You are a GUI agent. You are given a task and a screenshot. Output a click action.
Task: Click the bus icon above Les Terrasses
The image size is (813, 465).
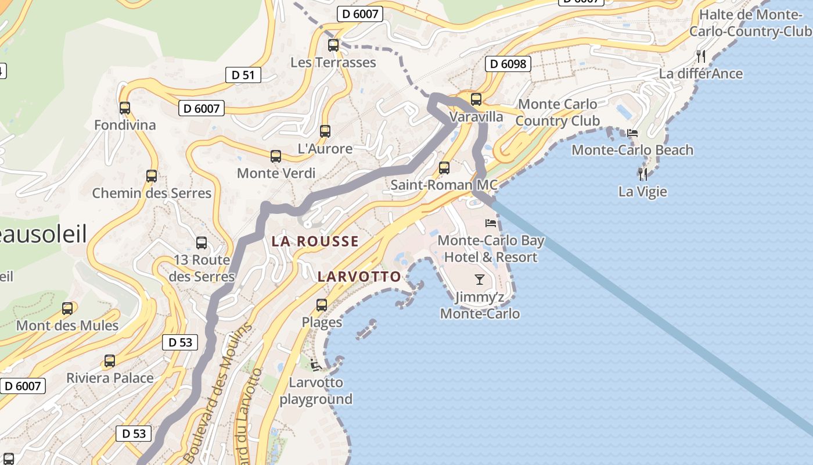tap(333, 45)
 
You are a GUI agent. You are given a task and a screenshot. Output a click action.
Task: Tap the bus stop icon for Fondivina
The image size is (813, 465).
tap(125, 108)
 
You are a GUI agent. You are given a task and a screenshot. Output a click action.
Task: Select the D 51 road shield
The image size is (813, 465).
tap(243, 74)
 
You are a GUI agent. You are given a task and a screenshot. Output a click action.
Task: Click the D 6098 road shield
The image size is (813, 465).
tap(508, 63)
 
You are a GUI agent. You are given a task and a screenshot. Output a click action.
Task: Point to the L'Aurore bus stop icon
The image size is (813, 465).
tap(325, 131)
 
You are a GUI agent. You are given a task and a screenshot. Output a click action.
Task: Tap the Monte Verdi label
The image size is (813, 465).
tap(276, 173)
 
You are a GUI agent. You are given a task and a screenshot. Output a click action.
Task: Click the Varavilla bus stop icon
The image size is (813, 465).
tap(476, 99)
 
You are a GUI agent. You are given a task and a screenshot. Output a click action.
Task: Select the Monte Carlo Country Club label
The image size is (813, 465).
tap(557, 113)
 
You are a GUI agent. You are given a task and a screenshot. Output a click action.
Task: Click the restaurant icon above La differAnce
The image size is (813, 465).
tap(701, 56)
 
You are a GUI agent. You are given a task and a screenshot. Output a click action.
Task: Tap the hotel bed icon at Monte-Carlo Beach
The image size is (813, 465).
tap(632, 133)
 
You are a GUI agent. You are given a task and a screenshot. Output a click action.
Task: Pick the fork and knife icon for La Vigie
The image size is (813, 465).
tap(642, 174)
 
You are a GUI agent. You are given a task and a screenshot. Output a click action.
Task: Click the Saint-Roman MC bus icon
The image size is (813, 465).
tap(444, 168)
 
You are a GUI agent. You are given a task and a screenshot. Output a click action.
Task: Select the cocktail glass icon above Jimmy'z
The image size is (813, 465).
tap(479, 280)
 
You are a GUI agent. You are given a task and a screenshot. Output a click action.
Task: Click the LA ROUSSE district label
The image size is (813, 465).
tap(315, 241)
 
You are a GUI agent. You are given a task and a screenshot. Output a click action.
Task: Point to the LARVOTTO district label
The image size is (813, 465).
tap(359, 277)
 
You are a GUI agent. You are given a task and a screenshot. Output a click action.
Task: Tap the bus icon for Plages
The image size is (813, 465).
tap(322, 305)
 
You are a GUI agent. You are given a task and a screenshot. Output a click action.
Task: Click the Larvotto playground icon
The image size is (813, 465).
tap(316, 366)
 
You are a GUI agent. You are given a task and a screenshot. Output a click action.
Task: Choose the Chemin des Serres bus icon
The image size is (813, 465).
tap(152, 176)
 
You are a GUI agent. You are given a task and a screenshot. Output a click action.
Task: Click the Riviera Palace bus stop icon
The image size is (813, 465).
tap(110, 361)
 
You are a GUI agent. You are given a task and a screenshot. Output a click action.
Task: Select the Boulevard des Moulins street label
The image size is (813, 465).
tap(218, 392)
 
